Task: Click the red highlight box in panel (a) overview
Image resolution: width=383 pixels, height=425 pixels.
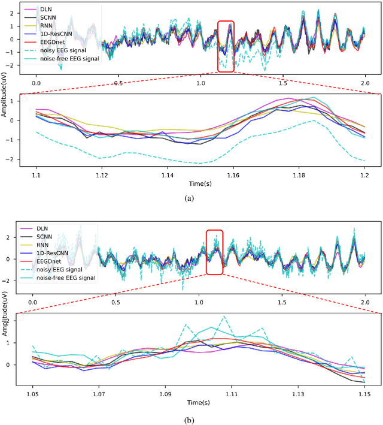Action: pos(226,38)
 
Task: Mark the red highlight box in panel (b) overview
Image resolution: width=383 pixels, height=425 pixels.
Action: pos(214,252)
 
